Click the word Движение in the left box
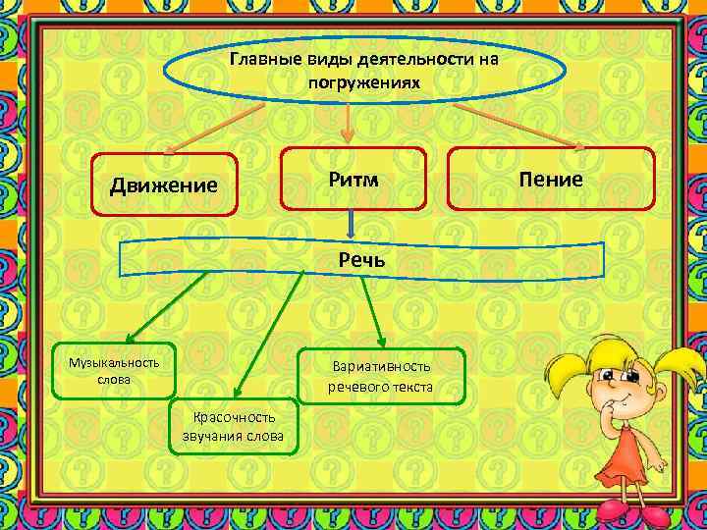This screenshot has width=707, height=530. tap(163, 185)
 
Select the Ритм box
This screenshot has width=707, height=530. tap(353, 180)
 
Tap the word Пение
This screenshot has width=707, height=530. tap(551, 179)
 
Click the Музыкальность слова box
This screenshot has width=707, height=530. tap(114, 370)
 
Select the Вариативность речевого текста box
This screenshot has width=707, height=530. tap(380, 377)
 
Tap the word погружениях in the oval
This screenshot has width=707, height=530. tap(363, 81)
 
